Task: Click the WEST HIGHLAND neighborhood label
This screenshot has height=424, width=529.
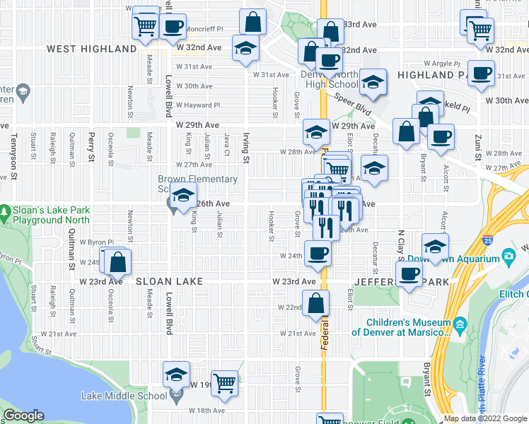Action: [x=91, y=49]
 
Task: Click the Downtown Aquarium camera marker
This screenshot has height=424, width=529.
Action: [x=507, y=257]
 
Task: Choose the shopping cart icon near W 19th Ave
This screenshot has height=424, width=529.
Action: [x=224, y=383]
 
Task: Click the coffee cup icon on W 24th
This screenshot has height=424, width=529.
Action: [x=318, y=252]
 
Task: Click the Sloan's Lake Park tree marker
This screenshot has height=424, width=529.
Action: [x=6, y=211]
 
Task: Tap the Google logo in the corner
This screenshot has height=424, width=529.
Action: [x=24, y=416]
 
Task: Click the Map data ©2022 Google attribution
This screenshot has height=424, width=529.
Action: [x=484, y=418]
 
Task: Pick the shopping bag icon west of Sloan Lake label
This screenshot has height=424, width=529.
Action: [x=118, y=261]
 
